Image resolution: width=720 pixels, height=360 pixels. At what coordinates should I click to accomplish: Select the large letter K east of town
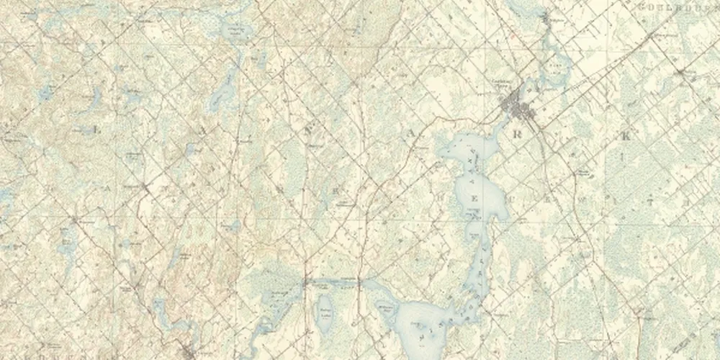click(x=627, y=135)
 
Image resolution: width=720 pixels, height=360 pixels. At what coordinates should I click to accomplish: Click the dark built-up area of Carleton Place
click(x=518, y=107)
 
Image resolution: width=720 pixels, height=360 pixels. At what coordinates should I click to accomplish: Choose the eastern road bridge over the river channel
click(x=358, y=279)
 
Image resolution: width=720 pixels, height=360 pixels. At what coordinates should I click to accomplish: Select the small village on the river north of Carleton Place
click(x=546, y=20)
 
